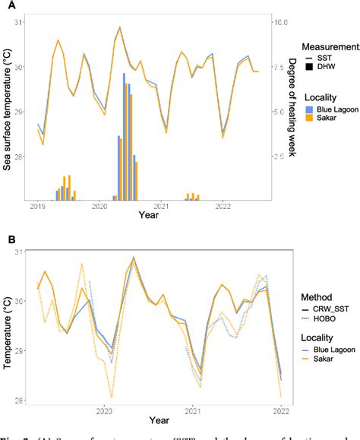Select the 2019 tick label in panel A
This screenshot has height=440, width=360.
(37, 206)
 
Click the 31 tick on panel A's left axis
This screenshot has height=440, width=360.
(21, 23)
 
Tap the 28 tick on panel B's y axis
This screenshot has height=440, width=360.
(21, 400)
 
